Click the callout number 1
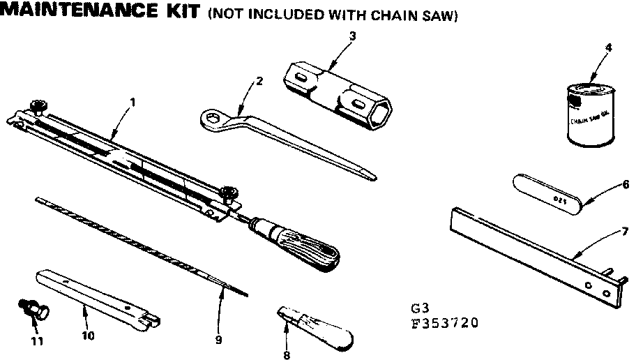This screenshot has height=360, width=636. pyautogui.click(x=132, y=101)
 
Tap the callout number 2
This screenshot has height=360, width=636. pyautogui.click(x=259, y=80)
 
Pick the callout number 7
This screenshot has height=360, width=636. pyautogui.click(x=625, y=230)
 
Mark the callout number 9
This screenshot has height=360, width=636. pyautogui.click(x=218, y=340)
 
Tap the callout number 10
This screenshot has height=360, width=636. pyautogui.click(x=89, y=335)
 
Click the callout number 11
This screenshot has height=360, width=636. pyautogui.click(x=37, y=340)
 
